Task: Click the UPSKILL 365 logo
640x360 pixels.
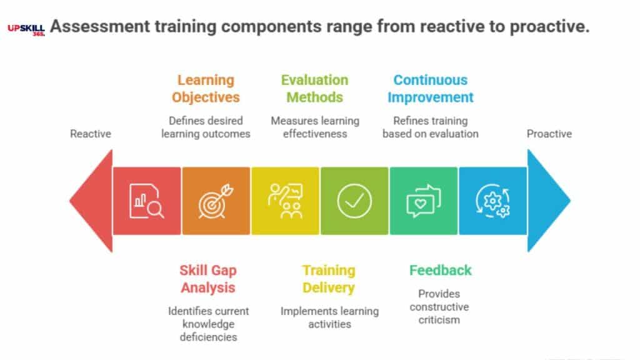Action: [x=26, y=29]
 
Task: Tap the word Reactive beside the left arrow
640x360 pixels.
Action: [x=90, y=134]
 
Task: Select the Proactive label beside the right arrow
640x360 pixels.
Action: [x=549, y=134]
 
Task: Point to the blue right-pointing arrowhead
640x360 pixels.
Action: [x=548, y=201]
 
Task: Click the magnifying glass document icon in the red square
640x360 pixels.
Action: [x=147, y=201]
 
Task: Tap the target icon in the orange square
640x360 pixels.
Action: [x=216, y=201]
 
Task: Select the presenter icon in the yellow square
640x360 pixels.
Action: [x=285, y=201]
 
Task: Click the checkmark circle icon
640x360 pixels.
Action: [x=354, y=201]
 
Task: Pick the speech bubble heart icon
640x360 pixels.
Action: [x=424, y=201]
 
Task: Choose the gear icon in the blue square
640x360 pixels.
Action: [x=492, y=201]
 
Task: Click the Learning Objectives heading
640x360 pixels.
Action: [x=206, y=89]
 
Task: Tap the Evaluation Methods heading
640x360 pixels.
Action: [x=314, y=89]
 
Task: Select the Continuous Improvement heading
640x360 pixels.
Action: [x=430, y=89]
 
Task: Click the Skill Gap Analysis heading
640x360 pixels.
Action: [x=208, y=279]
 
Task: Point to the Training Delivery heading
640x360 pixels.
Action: [x=329, y=279]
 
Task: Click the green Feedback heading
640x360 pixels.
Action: [x=440, y=271]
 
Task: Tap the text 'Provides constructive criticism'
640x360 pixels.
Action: [x=439, y=306]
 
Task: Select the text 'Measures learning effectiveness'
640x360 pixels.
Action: [x=314, y=127]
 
